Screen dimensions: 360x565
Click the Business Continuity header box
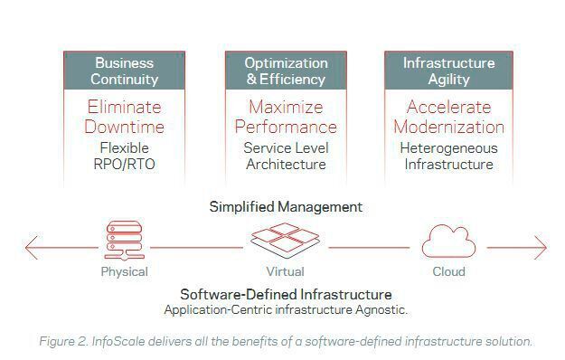pyautogui.click(x=125, y=71)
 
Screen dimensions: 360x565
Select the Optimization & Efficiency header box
pyautogui.click(x=286, y=71)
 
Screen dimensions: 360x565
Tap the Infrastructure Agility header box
pyautogui.click(x=448, y=71)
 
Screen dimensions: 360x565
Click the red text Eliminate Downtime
pyautogui.click(x=125, y=117)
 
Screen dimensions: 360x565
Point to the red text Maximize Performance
pyautogui.click(x=286, y=117)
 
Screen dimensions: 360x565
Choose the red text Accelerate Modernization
pyautogui.click(x=448, y=117)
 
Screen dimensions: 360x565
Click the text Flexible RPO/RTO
pyautogui.click(x=125, y=156)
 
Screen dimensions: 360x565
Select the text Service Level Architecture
pyautogui.click(x=286, y=156)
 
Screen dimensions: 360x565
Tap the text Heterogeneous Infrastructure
pyautogui.click(x=448, y=156)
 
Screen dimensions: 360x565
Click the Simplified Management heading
pyautogui.click(x=286, y=206)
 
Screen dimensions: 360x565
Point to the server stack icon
pyautogui.click(x=124, y=241)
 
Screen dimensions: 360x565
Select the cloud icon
pyautogui.click(x=447, y=242)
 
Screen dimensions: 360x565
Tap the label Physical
pyautogui.click(x=124, y=271)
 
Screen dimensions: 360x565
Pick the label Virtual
pyautogui.click(x=285, y=271)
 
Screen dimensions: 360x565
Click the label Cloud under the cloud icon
pyautogui.click(x=447, y=271)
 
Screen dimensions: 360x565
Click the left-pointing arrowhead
pyautogui.click(x=33, y=246)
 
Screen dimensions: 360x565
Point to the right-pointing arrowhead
pyautogui.click(x=541, y=246)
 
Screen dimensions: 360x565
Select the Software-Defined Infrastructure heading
pyautogui.click(x=286, y=294)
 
